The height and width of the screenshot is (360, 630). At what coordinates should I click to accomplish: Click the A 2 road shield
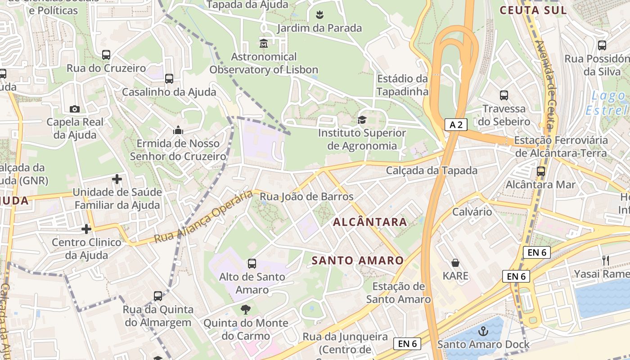point(456,125)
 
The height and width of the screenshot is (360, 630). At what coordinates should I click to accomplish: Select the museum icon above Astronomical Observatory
point(264,43)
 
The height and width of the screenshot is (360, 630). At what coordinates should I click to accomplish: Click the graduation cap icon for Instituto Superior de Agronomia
point(362,120)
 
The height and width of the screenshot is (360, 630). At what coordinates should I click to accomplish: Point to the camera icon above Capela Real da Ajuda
point(75,109)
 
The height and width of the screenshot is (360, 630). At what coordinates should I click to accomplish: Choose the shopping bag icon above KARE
point(455,263)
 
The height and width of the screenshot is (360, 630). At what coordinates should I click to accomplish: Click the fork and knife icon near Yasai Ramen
point(605,260)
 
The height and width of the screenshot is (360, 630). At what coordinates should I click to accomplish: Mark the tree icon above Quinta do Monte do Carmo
point(245,310)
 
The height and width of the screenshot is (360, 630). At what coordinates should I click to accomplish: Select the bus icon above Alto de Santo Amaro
point(252,264)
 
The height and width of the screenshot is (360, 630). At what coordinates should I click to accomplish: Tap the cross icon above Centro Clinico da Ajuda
point(86,229)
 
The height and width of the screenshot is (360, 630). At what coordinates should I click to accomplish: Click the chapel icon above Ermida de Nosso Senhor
point(178,130)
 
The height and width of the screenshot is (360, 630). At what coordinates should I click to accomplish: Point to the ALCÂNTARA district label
point(370,222)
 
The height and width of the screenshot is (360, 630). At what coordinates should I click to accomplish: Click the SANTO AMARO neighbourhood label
point(358,261)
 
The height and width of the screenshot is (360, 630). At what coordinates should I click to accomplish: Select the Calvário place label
point(472,211)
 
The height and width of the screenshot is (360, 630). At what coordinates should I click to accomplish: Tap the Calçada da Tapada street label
point(432,171)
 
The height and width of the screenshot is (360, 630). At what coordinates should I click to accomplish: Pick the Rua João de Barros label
point(307,197)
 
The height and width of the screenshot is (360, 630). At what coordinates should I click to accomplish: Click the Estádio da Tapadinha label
point(402,85)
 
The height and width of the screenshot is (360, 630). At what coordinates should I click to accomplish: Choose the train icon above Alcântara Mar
point(540,171)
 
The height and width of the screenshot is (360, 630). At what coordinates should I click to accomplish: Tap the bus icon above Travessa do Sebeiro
point(504,95)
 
